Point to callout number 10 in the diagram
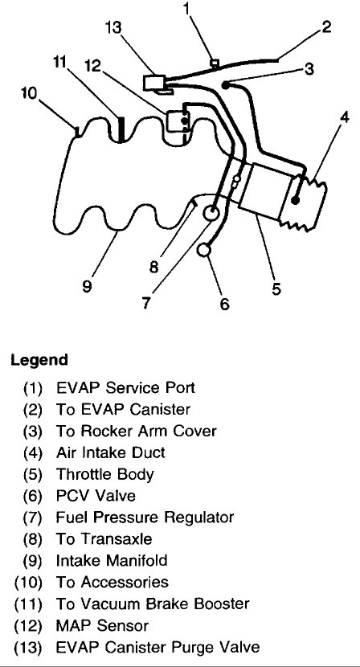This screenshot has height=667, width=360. point(27,94)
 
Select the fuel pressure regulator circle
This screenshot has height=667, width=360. point(213,213)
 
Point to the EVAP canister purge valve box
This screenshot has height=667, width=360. point(154,81)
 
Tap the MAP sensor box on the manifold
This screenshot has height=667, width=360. point(176,121)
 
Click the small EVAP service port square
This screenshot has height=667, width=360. point(214,62)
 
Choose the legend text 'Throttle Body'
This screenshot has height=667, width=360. point(104,474)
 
